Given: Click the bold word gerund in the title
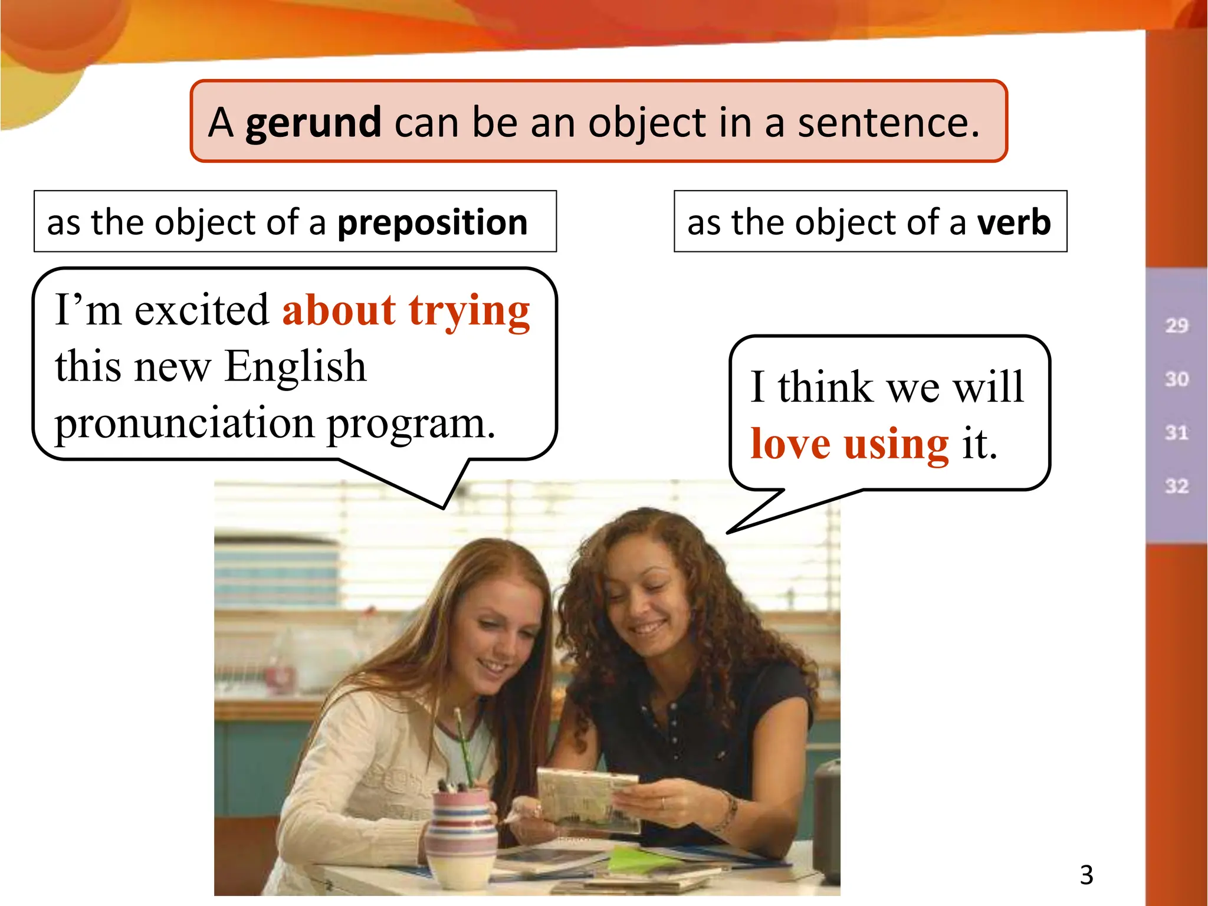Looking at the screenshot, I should click(313, 123).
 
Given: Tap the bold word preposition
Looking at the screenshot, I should click(432, 223).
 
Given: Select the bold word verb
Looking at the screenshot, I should click(1014, 223).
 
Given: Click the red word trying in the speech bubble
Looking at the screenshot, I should click(469, 311).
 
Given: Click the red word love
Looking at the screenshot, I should click(790, 444).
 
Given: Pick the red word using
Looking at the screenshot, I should click(896, 444).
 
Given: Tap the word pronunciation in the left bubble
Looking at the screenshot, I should click(185, 424).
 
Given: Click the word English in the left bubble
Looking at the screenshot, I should click(296, 367).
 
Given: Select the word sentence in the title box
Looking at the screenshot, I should click(888, 123).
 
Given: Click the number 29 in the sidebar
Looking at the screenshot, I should click(1176, 326).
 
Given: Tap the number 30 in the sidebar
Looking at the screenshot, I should click(1176, 379).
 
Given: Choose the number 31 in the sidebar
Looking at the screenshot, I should click(1176, 433).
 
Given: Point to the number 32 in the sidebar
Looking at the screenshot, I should click(1176, 486).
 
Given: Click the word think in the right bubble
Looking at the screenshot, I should click(825, 388).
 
